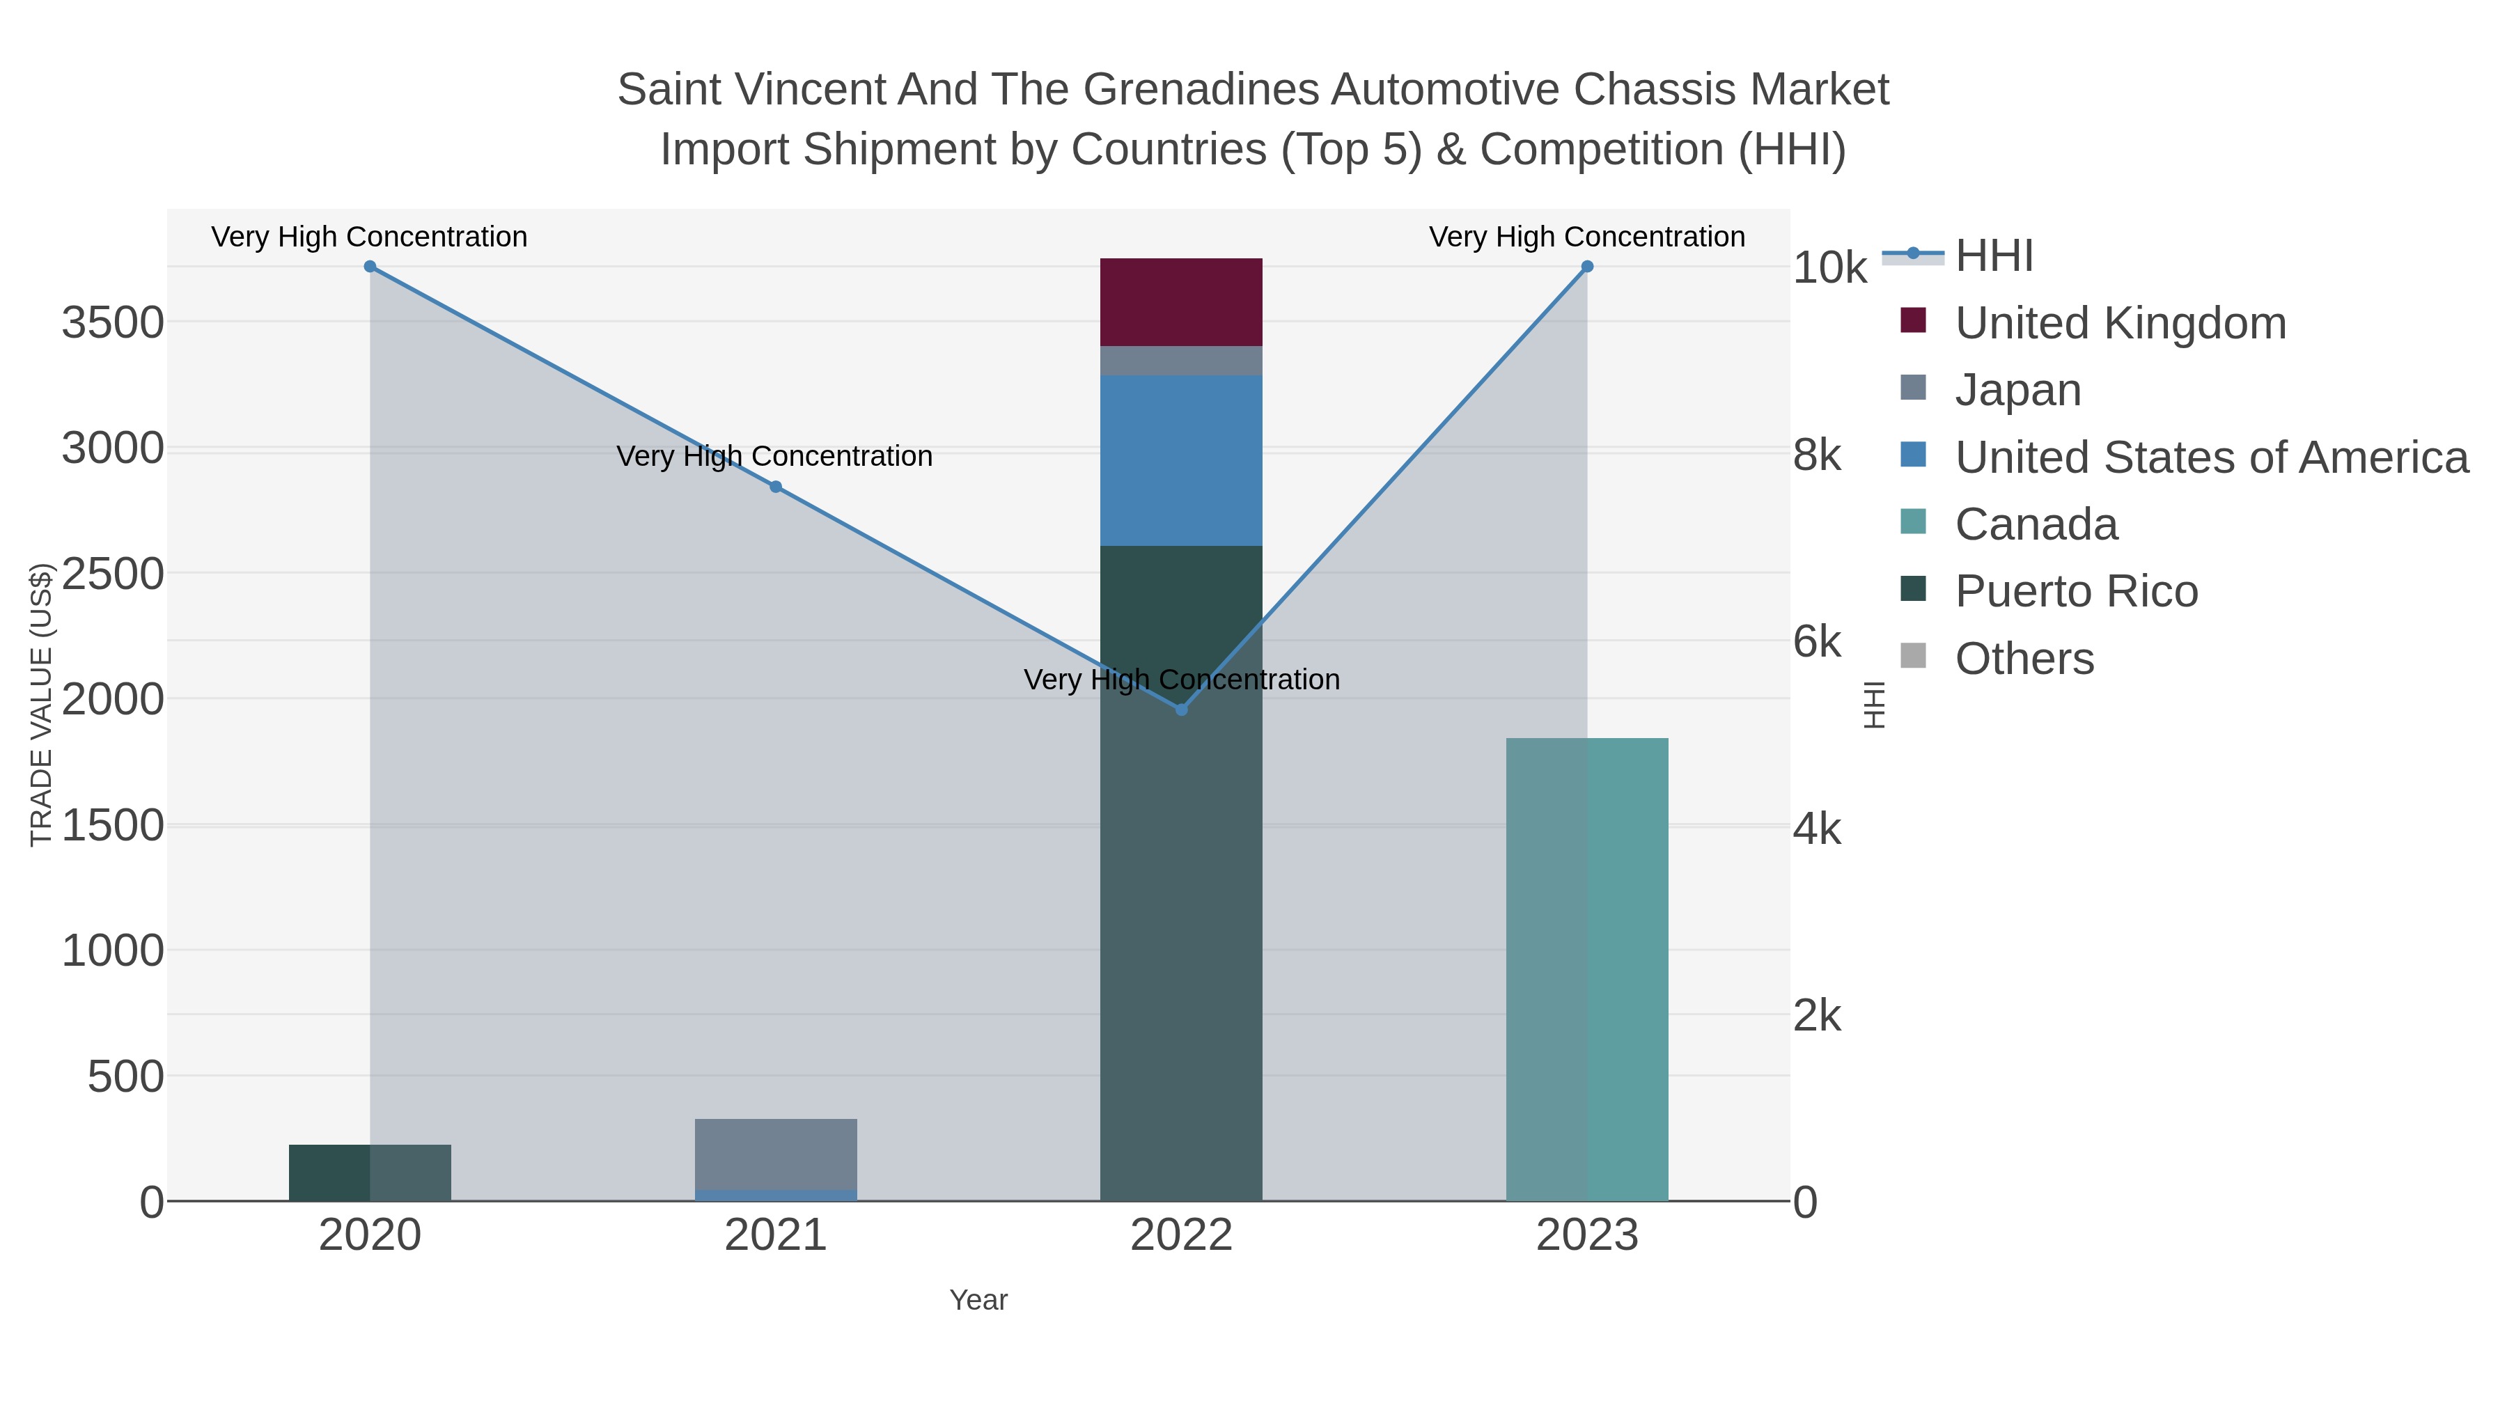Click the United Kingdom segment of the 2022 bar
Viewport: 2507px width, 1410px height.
pyautogui.click(x=1180, y=301)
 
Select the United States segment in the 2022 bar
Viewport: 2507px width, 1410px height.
pyautogui.click(x=1180, y=460)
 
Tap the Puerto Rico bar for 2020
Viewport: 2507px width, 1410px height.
pyautogui.click(x=370, y=1173)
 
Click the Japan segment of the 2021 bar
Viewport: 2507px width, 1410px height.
pyautogui.click(x=776, y=1154)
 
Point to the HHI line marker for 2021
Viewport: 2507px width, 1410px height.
pyautogui.click(x=776, y=487)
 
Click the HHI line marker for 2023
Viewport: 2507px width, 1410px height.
pyautogui.click(x=1587, y=267)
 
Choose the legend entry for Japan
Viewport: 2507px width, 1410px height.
pyautogui.click(x=2017, y=390)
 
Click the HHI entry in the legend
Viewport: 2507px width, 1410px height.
pyautogui.click(x=1993, y=256)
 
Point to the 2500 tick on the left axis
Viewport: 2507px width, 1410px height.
pyautogui.click(x=113, y=574)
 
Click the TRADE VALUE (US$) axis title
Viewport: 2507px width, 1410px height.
pyautogui.click(x=41, y=705)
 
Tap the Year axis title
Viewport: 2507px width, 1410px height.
pyautogui.click(x=978, y=1300)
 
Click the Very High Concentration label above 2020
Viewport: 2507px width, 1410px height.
pyautogui.click(x=369, y=237)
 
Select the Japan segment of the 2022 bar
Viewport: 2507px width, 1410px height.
pyautogui.click(x=1180, y=361)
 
